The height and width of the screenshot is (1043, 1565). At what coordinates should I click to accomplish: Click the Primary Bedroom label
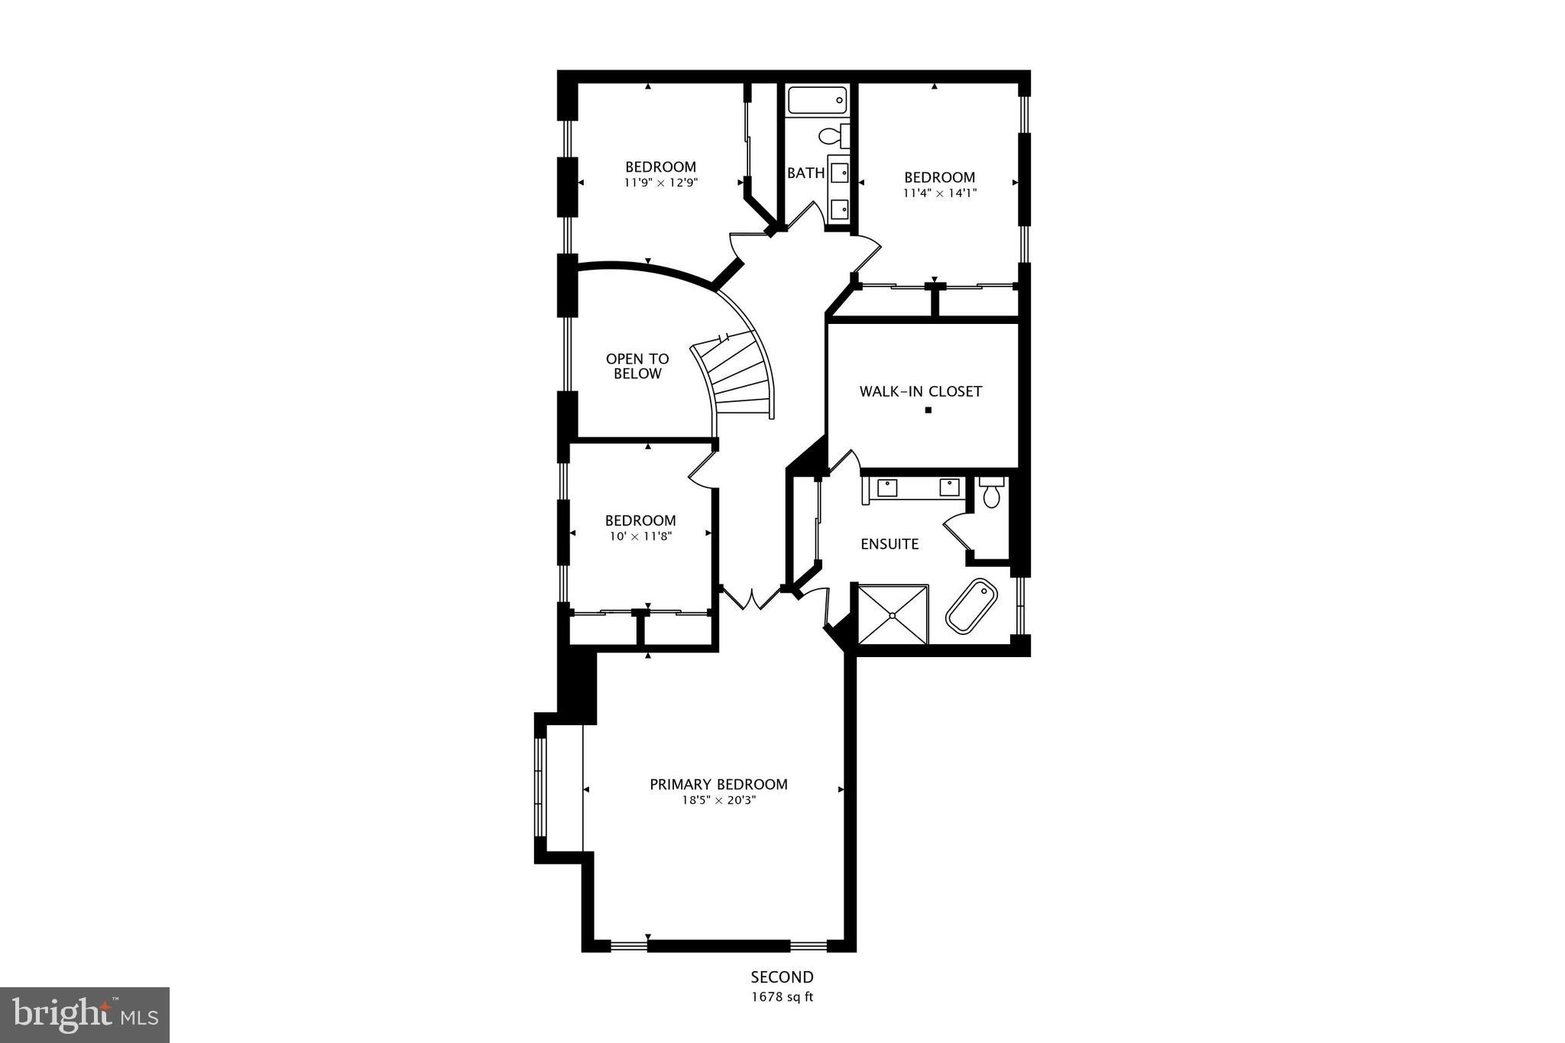click(718, 784)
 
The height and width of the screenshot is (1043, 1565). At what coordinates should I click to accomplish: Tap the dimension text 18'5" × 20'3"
click(718, 801)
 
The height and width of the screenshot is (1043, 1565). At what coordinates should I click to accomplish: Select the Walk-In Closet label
click(920, 391)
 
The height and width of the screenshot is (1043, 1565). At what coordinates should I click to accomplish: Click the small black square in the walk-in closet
click(928, 410)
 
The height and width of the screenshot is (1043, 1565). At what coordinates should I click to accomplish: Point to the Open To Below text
click(637, 366)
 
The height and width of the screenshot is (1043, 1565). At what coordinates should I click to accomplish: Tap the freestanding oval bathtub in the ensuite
click(972, 605)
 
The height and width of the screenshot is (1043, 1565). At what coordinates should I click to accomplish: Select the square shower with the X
click(893, 614)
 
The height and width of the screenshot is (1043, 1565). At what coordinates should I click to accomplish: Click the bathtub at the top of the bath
click(817, 100)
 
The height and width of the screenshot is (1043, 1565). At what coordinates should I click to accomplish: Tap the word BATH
click(805, 173)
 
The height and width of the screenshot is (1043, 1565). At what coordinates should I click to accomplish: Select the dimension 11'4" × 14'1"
click(939, 193)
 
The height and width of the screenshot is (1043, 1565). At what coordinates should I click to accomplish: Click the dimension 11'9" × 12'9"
click(661, 183)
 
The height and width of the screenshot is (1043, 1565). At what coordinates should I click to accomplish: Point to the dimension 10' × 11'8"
click(640, 536)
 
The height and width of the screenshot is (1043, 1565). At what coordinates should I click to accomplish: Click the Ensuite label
click(889, 544)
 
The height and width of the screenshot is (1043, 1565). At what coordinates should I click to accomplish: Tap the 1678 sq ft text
click(782, 996)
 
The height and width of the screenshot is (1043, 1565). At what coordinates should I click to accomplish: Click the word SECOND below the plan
click(782, 977)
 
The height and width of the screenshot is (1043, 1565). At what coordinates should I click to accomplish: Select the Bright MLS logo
click(85, 1015)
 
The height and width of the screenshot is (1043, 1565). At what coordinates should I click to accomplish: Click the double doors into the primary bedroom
click(753, 598)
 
